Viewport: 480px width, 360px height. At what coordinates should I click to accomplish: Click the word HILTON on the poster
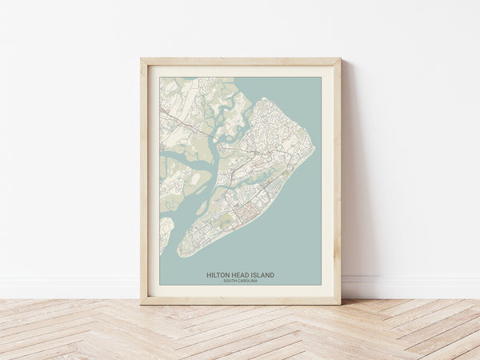pos(218,275)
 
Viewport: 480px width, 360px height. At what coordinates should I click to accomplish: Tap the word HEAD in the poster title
pos(242,275)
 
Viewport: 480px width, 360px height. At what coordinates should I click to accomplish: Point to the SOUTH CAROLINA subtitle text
pos(240,281)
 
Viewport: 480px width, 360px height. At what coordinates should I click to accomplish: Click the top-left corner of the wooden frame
pos(142,59)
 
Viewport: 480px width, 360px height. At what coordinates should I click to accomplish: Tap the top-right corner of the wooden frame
pos(339,59)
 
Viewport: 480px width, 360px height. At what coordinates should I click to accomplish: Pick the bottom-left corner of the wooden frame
pos(142,303)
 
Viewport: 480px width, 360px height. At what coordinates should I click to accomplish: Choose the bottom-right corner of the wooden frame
pos(339,303)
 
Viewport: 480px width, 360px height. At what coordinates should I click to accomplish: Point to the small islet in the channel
pos(202,210)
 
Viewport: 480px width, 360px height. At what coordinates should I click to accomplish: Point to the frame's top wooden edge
pos(240,61)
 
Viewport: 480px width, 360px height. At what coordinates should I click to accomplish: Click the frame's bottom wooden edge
pos(240,301)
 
